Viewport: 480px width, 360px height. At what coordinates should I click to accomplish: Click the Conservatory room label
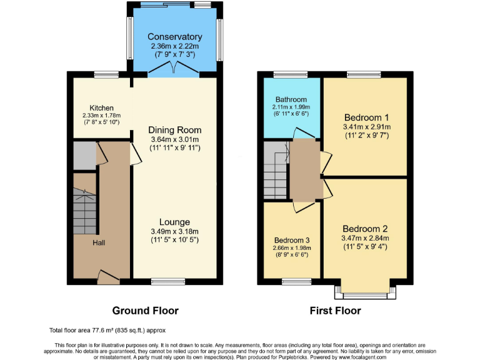click(176, 37)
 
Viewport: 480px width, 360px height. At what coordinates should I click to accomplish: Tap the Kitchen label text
click(101, 108)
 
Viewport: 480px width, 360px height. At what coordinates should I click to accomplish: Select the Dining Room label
click(175, 130)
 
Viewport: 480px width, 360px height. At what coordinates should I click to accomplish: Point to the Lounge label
click(174, 222)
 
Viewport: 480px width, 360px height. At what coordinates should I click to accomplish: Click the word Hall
click(99, 242)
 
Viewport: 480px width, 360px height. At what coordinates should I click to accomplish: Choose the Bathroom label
click(292, 99)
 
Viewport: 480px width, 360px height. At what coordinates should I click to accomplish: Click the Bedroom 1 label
click(366, 117)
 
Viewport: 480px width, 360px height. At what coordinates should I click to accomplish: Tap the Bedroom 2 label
click(366, 228)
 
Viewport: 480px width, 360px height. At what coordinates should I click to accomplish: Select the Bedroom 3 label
click(291, 240)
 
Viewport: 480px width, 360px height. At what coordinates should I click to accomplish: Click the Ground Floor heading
click(145, 311)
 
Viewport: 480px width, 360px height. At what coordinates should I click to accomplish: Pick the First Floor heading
click(335, 311)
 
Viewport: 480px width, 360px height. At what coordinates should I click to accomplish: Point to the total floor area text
click(107, 330)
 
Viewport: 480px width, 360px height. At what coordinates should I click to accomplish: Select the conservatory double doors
click(174, 70)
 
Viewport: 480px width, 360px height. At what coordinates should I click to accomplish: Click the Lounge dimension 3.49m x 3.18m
click(174, 232)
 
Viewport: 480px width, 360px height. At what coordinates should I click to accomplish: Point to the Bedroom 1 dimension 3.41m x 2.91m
click(366, 127)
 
